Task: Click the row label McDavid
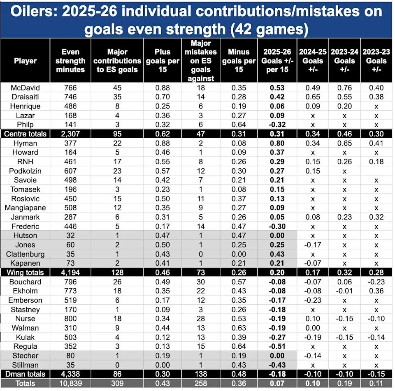pyautogui.click(x=25, y=88)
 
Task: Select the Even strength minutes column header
pyautogui.click(x=73, y=60)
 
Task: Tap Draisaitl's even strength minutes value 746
pyautogui.click(x=73, y=97)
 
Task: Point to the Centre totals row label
pyautogui.click(x=25, y=134)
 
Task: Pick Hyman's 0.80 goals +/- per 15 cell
pyautogui.click(x=277, y=143)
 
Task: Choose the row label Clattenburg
pyautogui.click(x=25, y=254)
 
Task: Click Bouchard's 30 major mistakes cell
pyautogui.click(x=202, y=282)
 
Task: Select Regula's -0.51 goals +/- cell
pyautogui.click(x=277, y=347)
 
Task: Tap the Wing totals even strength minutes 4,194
pyautogui.click(x=73, y=273)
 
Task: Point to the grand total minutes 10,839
pyautogui.click(x=73, y=384)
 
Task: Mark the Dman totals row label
pyautogui.click(x=25, y=374)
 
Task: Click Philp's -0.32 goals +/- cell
pyautogui.click(x=277, y=125)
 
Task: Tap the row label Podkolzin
pyautogui.click(x=25, y=171)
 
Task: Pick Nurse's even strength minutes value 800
pyautogui.click(x=73, y=319)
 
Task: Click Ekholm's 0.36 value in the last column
pyautogui.click(x=376, y=291)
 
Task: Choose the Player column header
pyautogui.click(x=25, y=60)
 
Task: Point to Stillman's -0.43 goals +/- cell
pyautogui.click(x=277, y=365)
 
